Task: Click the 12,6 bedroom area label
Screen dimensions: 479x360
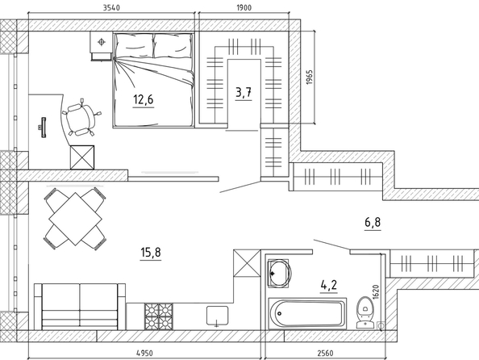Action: pos(144,100)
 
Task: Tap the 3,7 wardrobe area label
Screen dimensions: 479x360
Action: pos(244,92)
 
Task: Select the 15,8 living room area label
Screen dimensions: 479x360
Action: pos(151,253)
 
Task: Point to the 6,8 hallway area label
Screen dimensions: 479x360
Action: pos(373,222)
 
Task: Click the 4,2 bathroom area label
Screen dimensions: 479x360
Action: pos(329,285)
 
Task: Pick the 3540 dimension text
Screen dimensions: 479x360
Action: pos(111,7)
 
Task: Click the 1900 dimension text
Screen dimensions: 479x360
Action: pos(244,7)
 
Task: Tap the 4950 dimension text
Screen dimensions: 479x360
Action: pos(144,354)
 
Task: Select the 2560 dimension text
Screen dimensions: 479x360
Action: pos(325,354)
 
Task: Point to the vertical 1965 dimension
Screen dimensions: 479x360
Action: pos(309,77)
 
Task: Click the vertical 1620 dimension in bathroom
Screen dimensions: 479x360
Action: pos(376,292)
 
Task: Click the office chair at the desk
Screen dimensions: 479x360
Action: pos(81,117)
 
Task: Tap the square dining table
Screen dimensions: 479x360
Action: pos(75,219)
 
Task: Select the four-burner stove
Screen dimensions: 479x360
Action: pos(159,316)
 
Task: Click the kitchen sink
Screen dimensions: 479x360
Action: pos(217,316)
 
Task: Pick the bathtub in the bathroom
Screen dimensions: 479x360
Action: pos(306,314)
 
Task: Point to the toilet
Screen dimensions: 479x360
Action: pos(364,312)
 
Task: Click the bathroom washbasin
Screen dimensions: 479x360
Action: pos(279,273)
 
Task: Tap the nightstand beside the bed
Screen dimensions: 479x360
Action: pos(101,45)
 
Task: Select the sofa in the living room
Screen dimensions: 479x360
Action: pos(79,307)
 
